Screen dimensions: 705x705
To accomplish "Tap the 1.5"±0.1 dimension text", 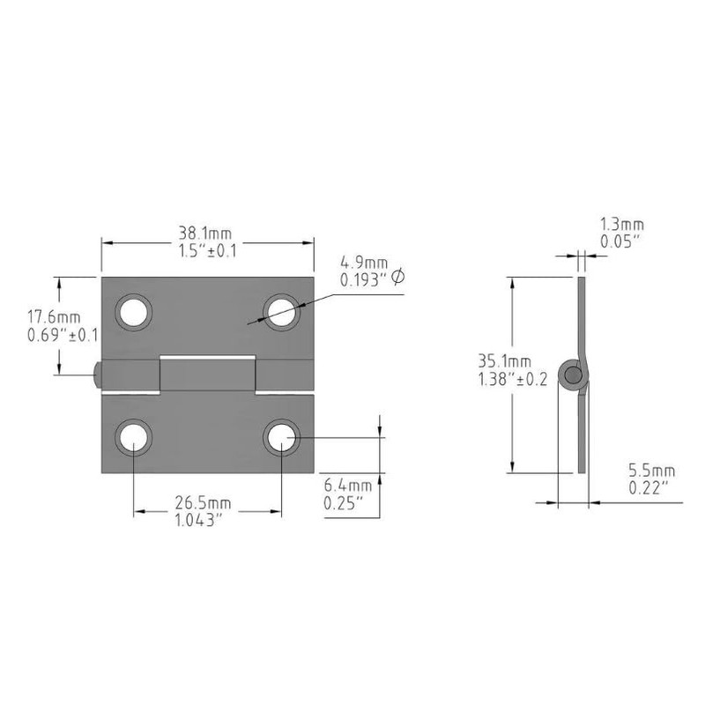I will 206,251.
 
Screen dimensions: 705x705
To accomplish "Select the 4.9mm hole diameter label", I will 364,263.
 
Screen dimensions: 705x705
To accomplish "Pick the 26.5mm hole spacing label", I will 203,503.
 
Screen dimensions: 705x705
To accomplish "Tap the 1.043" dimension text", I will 203,520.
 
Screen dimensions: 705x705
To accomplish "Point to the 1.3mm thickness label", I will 621,226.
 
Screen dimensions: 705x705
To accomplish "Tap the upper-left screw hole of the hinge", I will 134,310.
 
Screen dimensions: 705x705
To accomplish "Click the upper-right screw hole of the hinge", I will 281,310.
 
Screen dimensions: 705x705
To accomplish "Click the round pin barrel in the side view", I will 575,376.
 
